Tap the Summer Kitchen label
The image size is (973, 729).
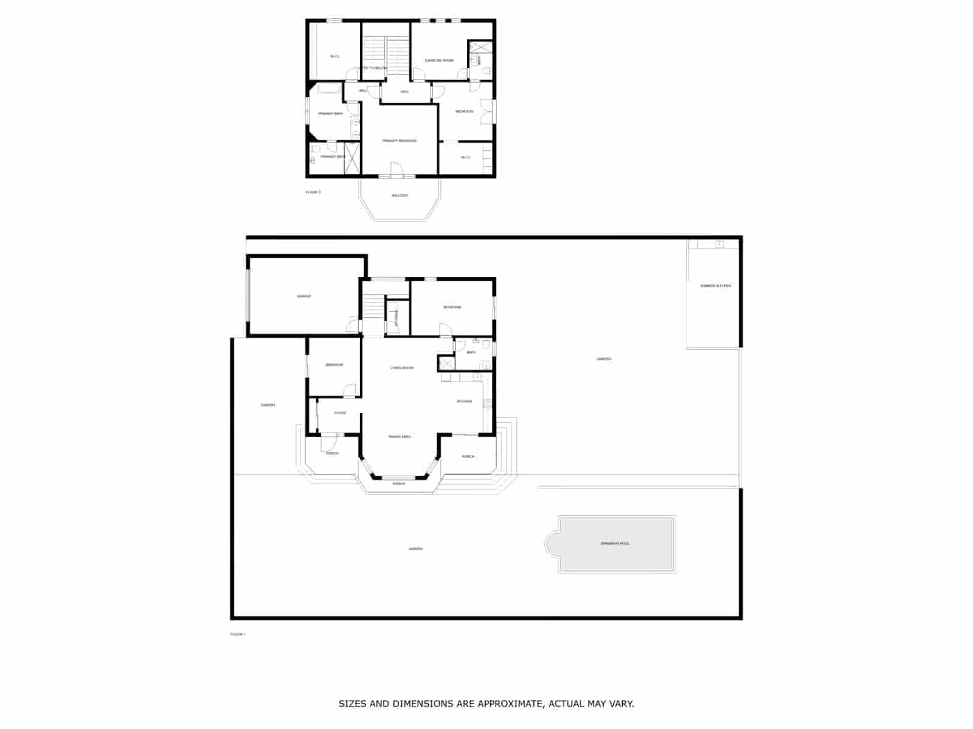[x=715, y=286]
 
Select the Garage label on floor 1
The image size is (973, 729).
[x=303, y=296]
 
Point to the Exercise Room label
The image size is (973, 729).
[x=438, y=61]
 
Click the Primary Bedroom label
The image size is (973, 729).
[x=399, y=141]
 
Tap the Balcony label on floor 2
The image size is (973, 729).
[x=400, y=196]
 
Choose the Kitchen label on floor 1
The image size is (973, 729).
[x=465, y=402]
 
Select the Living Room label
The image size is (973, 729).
[x=402, y=368]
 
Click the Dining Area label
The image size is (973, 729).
[x=400, y=437]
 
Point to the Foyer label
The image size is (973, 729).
[x=340, y=413]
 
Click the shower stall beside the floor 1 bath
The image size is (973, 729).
[x=446, y=363]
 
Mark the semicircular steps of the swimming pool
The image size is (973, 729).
[x=552, y=544]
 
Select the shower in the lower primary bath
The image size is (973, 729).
[x=352, y=157]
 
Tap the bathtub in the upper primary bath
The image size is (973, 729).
[x=329, y=90]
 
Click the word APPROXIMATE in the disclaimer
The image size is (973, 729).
[x=510, y=704]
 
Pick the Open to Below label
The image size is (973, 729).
[x=372, y=68]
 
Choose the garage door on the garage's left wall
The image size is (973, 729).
[x=248, y=296]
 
